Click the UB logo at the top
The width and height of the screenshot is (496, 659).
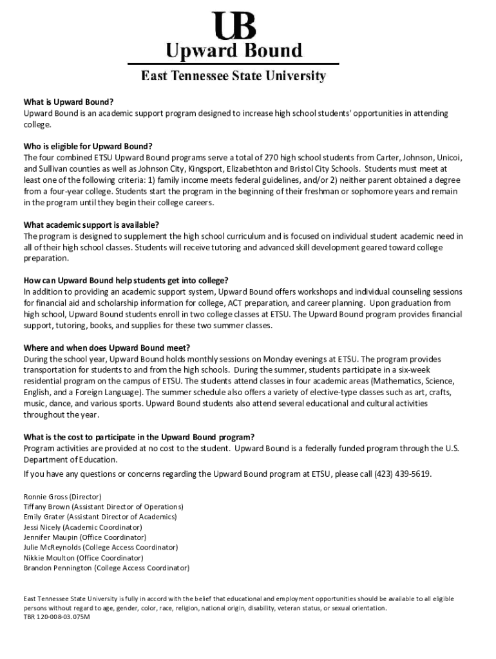tap(234, 26)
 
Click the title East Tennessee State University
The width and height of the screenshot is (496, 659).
tap(234, 76)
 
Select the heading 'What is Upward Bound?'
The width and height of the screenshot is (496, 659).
tap(69, 102)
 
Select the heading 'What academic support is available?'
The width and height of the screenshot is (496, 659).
tap(91, 225)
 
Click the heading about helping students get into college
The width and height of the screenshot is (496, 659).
tap(126, 280)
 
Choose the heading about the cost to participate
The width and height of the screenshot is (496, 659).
tap(139, 436)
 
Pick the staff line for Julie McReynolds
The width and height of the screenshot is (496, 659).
tap(100, 547)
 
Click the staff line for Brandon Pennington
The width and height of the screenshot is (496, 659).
tap(107, 568)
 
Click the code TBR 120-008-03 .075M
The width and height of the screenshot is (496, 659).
tap(57, 616)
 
